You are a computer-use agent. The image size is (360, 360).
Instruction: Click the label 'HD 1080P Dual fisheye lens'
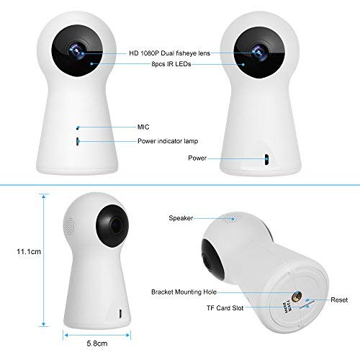pos(169,53)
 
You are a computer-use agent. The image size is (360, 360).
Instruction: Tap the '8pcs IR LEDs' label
pos(171,64)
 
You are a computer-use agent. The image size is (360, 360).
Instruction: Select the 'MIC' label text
pos(143,127)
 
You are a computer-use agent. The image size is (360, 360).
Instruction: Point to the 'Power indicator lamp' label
pos(168,141)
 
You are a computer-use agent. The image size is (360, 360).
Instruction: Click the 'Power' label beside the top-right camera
pos(197,158)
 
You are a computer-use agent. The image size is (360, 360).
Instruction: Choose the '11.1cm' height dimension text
pos(29,251)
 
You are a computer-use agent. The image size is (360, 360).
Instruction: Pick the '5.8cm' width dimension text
pos(97,343)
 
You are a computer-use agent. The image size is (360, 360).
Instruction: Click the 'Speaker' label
pos(181,218)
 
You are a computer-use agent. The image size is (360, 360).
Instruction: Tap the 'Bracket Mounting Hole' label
pos(184,292)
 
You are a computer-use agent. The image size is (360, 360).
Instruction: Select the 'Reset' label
pos(339,300)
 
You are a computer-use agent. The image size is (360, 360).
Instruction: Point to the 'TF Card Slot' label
pos(225,308)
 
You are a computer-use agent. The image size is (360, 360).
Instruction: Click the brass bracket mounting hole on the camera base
pos(297,297)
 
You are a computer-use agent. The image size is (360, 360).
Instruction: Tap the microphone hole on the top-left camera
pos(78,127)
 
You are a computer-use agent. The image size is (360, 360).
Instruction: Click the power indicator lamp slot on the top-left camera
pos(78,141)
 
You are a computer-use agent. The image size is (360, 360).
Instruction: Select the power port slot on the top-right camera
pos(266,159)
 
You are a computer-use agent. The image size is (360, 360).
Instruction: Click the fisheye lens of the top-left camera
pos(76,51)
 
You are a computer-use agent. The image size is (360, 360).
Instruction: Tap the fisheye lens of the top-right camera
pos(259,52)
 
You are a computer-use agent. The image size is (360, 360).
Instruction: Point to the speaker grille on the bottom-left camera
pos(69,225)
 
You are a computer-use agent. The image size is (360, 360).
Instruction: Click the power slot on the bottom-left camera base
pos(120,314)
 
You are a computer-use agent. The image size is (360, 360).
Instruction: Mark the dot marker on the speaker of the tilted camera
pos(233,219)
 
